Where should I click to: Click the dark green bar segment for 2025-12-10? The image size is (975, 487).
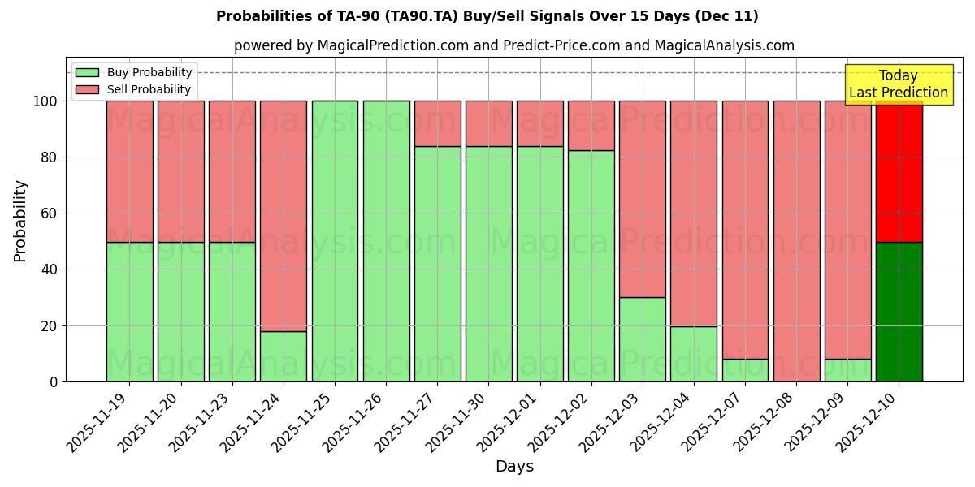pyautogui.click(x=899, y=312)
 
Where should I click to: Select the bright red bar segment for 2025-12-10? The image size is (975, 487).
pyautogui.click(x=899, y=171)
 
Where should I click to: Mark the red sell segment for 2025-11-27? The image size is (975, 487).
pyautogui.click(x=437, y=123)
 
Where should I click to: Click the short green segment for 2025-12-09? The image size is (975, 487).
pyautogui.click(x=847, y=370)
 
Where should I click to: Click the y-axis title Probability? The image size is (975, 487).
pyautogui.click(x=20, y=221)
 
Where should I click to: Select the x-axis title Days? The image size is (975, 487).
pyautogui.click(x=514, y=467)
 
